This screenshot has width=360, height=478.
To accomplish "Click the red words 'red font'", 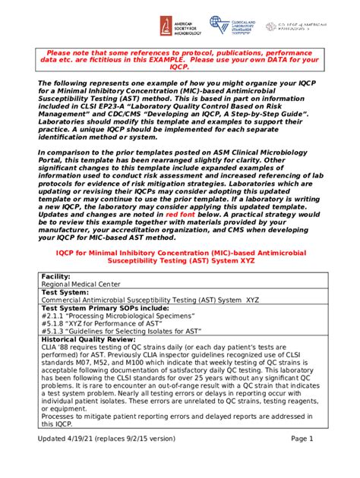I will point(182,215).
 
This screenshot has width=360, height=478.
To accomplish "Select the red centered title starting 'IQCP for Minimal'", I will point(180,256).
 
